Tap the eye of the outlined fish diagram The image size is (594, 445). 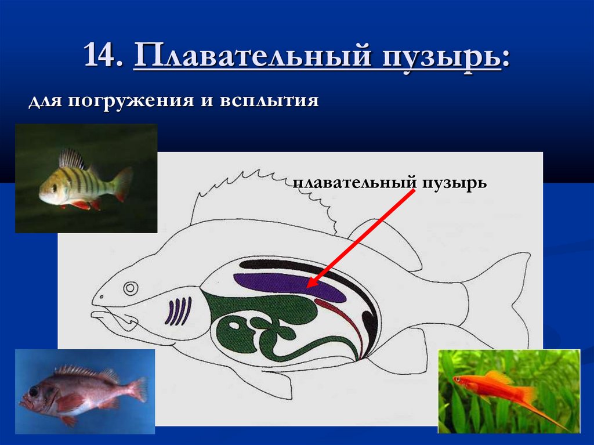click(131, 287)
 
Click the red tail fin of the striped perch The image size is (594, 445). click(123, 183)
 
